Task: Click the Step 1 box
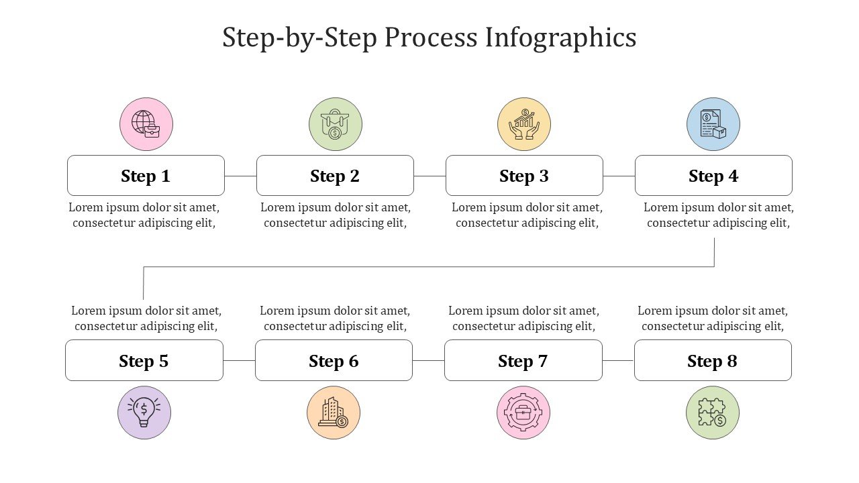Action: pos(146,176)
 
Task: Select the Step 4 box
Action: pos(713,176)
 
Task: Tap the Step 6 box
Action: pos(334,360)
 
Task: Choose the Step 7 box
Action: pos(523,360)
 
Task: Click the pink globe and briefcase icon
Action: pos(146,124)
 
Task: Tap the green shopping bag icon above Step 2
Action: pos(336,124)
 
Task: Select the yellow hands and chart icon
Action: pos(524,124)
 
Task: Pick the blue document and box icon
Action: pos(713,124)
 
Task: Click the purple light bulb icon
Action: pos(144,413)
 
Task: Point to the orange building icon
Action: pos(334,413)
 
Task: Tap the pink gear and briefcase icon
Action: pos(523,413)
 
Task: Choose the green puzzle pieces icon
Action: pos(713,413)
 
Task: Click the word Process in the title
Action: pos(431,37)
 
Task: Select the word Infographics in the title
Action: pos(560,38)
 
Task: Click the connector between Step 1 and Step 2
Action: pos(240,176)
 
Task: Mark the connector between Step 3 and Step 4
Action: pos(619,176)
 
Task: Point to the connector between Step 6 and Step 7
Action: pos(428,361)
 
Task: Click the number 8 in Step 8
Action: pos(731,361)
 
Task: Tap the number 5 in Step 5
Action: pos(164,361)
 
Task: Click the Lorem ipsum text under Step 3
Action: pos(527,215)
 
